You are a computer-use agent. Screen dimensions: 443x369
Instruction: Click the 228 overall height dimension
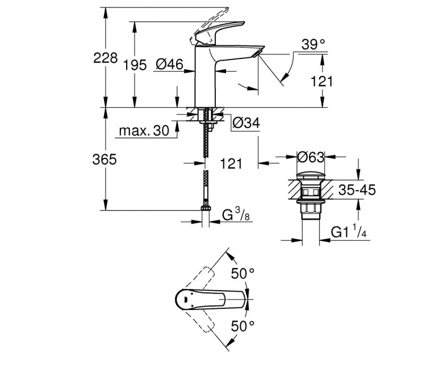[x=105, y=58]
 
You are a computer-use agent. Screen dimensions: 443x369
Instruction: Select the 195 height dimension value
[x=135, y=65]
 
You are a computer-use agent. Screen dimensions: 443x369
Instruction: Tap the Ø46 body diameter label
[x=169, y=65]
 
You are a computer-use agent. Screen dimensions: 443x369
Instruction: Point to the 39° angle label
[x=313, y=44]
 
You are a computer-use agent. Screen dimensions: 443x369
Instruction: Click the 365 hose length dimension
[x=105, y=160]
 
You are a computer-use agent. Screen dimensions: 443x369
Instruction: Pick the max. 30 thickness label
[x=144, y=131]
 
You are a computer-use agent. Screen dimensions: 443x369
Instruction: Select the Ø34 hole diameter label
[x=246, y=123]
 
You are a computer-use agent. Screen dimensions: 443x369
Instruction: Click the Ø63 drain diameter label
[x=311, y=157]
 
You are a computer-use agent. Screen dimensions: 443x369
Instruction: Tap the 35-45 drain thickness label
[x=357, y=190]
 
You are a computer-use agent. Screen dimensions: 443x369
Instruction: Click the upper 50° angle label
[x=243, y=273]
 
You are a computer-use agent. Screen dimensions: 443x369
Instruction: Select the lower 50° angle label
[x=243, y=326]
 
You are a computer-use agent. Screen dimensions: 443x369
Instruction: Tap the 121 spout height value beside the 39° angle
[x=322, y=82]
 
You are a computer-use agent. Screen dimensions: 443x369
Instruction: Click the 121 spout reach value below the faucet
[x=231, y=163]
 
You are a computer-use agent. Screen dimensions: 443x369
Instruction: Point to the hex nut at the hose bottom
[x=206, y=208]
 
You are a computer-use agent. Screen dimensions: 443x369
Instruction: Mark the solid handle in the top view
[x=211, y=299]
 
